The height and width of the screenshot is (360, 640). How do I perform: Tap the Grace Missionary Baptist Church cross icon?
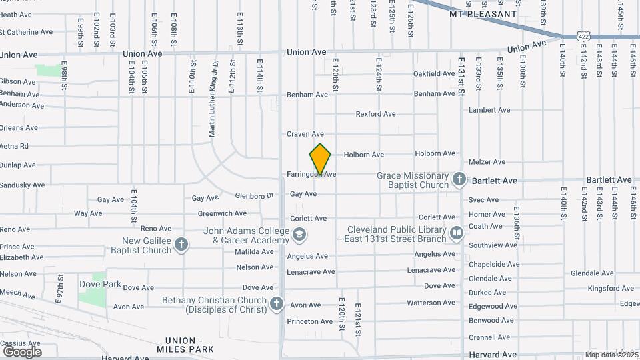(459, 179)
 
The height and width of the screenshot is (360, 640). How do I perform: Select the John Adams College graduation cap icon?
(299, 234)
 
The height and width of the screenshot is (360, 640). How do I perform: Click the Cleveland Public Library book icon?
(457, 233)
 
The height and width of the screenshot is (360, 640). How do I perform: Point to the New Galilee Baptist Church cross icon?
(181, 245)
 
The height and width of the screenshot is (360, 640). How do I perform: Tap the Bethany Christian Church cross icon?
(277, 305)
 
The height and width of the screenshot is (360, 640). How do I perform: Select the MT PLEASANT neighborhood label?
(483, 13)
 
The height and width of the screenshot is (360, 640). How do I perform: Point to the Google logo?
(21, 351)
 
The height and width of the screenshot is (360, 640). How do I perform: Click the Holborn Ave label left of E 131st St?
(364, 155)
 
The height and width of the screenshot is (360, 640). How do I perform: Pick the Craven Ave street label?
(305, 134)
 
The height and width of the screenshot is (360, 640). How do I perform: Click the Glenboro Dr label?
(255, 196)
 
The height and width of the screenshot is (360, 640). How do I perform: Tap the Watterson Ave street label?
(431, 303)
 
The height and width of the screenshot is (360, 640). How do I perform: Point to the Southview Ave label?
(493, 245)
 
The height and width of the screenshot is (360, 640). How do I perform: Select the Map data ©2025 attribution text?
(611, 355)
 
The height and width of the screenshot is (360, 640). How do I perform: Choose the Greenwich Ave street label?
(222, 214)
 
